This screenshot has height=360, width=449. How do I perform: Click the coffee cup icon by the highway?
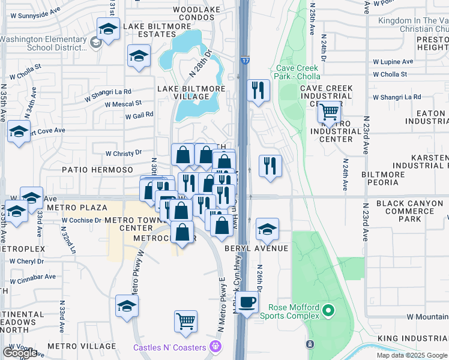(x=247, y=302)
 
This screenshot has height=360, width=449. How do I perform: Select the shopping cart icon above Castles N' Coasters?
(x=186, y=320)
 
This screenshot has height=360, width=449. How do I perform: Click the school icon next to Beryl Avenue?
(x=267, y=228)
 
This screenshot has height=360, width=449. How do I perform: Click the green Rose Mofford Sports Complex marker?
(x=328, y=311)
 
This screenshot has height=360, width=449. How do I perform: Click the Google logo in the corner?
(x=20, y=353)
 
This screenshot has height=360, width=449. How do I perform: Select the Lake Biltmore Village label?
(x=182, y=92)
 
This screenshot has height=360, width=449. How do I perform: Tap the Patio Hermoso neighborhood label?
(x=98, y=170)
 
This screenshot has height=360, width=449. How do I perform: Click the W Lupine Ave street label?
(x=393, y=62)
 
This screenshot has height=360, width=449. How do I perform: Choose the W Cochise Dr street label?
(x=81, y=220)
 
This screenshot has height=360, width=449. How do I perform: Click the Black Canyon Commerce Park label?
(x=412, y=211)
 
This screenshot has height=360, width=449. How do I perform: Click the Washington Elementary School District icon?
(x=95, y=43)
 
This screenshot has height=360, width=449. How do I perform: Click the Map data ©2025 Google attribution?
(x=412, y=355)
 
